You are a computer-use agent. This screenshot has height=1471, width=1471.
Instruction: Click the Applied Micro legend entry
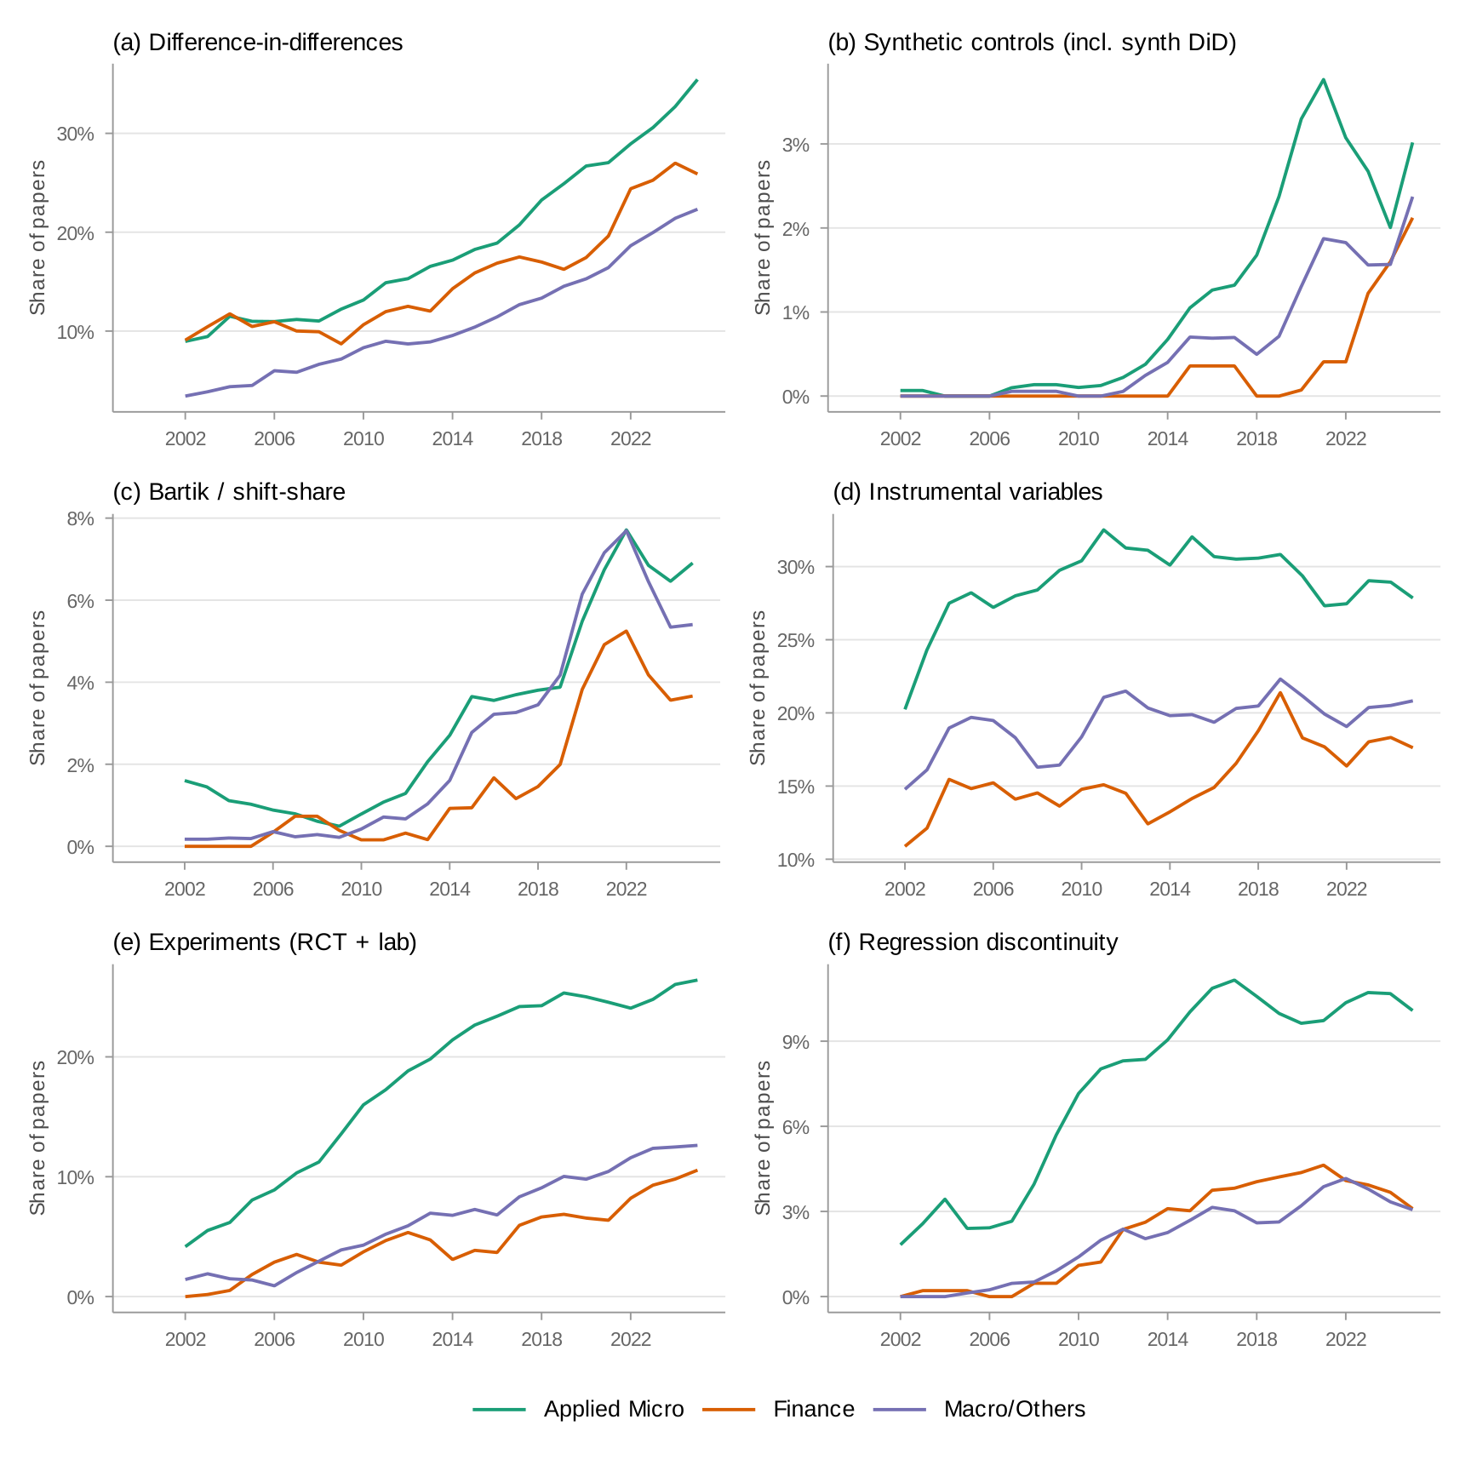click(613, 1409)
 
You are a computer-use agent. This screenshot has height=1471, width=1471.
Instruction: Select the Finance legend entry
click(813, 1409)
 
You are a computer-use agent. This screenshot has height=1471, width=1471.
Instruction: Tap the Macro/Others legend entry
click(1014, 1409)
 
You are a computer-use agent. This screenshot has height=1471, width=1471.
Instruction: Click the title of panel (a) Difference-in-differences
click(258, 43)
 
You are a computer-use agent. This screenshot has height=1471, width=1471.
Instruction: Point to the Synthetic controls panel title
click(1032, 43)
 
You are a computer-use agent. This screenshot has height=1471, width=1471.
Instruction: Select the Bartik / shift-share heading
click(229, 492)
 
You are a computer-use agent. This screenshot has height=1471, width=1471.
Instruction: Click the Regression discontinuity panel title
click(973, 942)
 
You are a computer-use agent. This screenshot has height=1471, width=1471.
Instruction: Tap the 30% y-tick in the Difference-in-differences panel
click(75, 135)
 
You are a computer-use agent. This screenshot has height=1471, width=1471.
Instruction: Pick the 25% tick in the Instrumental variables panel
click(795, 640)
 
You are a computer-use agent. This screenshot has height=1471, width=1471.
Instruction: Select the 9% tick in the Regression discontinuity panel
click(795, 1042)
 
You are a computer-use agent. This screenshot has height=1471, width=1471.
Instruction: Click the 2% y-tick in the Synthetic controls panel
click(795, 229)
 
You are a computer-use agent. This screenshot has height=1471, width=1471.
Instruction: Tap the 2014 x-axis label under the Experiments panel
click(452, 1339)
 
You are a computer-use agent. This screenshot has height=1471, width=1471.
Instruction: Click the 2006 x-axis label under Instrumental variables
click(993, 889)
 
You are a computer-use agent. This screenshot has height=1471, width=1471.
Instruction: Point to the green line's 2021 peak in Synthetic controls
click(1323, 79)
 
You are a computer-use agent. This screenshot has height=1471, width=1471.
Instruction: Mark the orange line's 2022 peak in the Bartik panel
click(627, 631)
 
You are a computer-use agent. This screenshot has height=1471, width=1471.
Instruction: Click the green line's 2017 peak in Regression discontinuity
click(1234, 980)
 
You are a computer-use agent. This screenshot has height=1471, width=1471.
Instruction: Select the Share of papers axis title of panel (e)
click(37, 1137)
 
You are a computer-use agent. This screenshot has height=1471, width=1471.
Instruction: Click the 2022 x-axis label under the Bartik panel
click(627, 889)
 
